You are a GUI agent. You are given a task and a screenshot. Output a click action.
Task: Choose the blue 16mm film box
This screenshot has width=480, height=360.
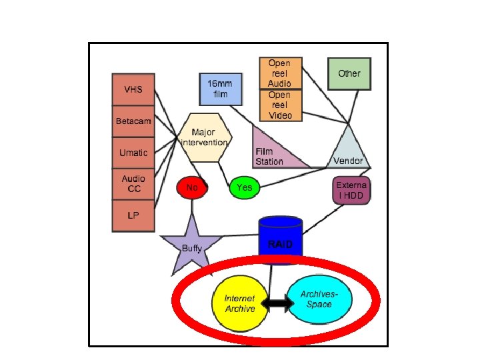coord(220,89)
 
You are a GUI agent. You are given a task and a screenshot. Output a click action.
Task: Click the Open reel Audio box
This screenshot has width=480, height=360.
coord(280,73)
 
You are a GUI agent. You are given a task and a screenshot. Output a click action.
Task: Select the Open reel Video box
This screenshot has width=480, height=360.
coord(280,105)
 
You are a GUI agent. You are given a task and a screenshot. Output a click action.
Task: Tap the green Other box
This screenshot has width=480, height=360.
coord(349,73)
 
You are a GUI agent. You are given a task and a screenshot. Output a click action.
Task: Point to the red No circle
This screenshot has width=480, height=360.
coord(192,188)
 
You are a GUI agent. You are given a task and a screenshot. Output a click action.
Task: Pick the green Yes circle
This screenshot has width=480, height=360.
coord(245,188)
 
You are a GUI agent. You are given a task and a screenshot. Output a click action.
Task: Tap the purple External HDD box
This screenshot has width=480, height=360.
coord(351,190)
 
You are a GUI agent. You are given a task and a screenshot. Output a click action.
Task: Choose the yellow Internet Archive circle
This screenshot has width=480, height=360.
coord(239,304)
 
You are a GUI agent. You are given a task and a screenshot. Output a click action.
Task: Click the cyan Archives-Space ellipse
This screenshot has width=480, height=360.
coord(319,300)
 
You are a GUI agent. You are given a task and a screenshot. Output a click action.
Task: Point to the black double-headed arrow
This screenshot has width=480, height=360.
coord(277,305)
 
